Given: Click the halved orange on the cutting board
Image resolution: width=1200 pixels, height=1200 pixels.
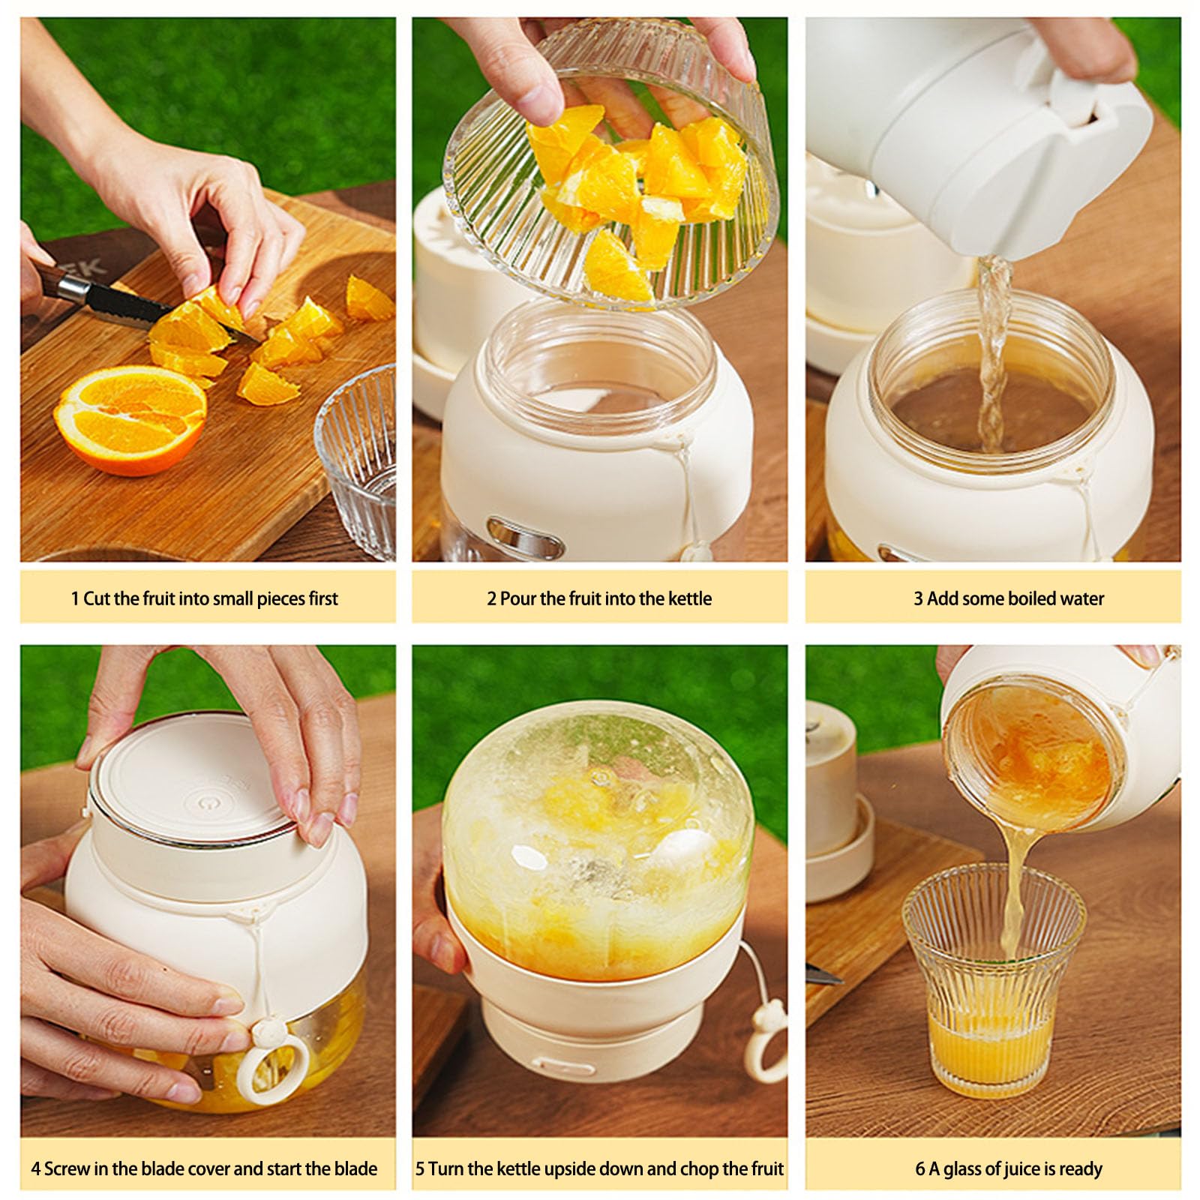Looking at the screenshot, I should click(131, 418).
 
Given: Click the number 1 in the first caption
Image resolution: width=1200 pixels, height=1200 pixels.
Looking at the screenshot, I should click(75, 598).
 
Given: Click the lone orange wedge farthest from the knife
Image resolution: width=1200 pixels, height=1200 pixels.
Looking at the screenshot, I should click(368, 298).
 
